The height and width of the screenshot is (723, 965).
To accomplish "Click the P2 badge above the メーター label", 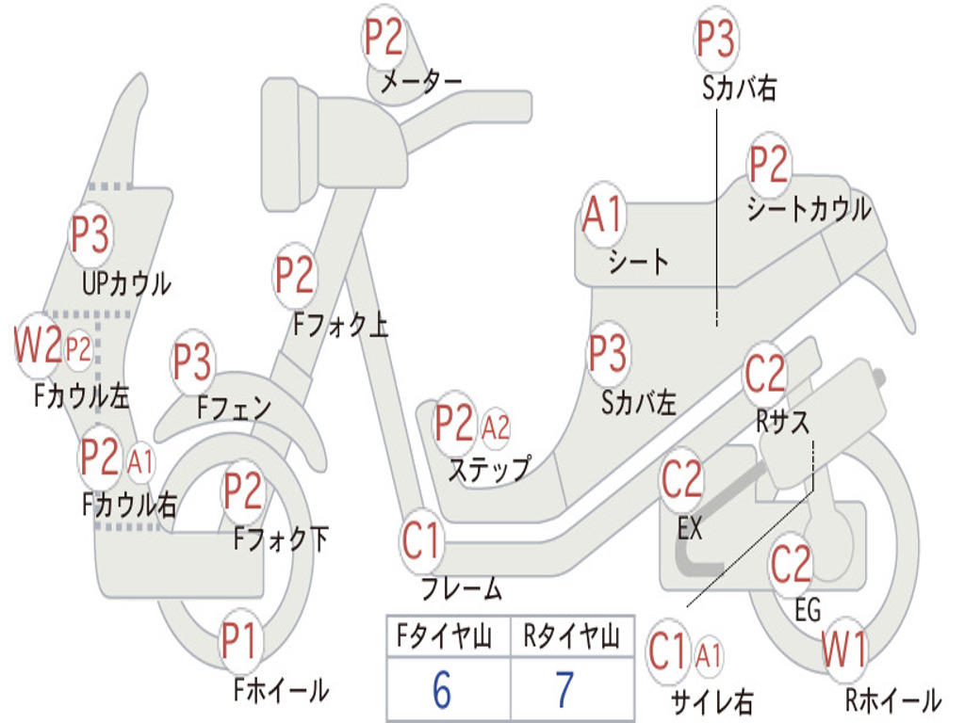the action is [x=384, y=38].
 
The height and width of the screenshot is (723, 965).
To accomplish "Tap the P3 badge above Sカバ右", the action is [x=715, y=39].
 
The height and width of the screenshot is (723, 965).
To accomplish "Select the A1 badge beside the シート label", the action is [x=604, y=215].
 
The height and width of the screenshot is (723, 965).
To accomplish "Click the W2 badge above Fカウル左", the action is [x=38, y=345].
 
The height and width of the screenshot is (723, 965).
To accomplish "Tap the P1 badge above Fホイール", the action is [x=238, y=640].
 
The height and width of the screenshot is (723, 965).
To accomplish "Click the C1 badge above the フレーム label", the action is [x=421, y=540].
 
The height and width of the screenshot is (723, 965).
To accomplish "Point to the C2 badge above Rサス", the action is [x=765, y=373].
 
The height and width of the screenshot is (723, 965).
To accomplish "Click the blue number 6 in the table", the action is [x=442, y=689].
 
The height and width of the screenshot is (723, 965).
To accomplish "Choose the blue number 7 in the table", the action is [x=565, y=689].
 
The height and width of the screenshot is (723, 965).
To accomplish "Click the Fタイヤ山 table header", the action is [x=445, y=635].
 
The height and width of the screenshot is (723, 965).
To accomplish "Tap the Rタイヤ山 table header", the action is [x=572, y=635].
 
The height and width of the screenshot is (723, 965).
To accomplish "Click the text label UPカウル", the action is [x=127, y=283].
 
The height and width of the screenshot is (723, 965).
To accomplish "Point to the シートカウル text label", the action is [x=810, y=209].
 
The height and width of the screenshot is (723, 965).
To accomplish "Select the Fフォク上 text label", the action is [x=341, y=324].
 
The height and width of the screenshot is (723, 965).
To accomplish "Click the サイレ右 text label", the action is [x=712, y=701].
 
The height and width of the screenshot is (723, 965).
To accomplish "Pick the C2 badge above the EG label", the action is [x=791, y=564].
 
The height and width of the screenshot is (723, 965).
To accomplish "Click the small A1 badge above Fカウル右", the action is [x=141, y=462].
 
